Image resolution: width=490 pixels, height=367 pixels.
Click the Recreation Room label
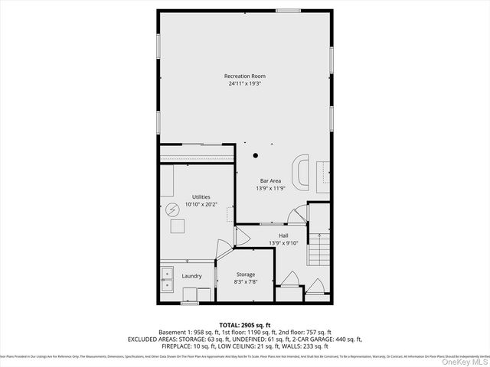pos(245,76)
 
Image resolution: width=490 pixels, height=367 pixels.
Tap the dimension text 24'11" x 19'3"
pos(245,84)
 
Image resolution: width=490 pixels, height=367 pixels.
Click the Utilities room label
pos(201,196)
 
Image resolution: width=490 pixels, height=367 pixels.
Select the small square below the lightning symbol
pos(177,226)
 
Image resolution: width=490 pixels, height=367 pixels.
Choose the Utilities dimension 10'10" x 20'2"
pos(201,204)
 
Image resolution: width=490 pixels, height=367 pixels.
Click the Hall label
pos(283,235)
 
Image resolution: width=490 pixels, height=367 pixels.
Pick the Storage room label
pos(245,274)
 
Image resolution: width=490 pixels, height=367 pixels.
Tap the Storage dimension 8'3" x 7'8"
pos(245,282)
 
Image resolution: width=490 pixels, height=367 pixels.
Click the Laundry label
pos(191,276)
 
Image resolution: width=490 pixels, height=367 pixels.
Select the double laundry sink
pos(167,280)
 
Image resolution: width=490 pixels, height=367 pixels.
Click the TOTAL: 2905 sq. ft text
pos(245,325)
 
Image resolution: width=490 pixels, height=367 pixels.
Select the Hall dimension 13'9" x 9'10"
pos(283,243)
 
